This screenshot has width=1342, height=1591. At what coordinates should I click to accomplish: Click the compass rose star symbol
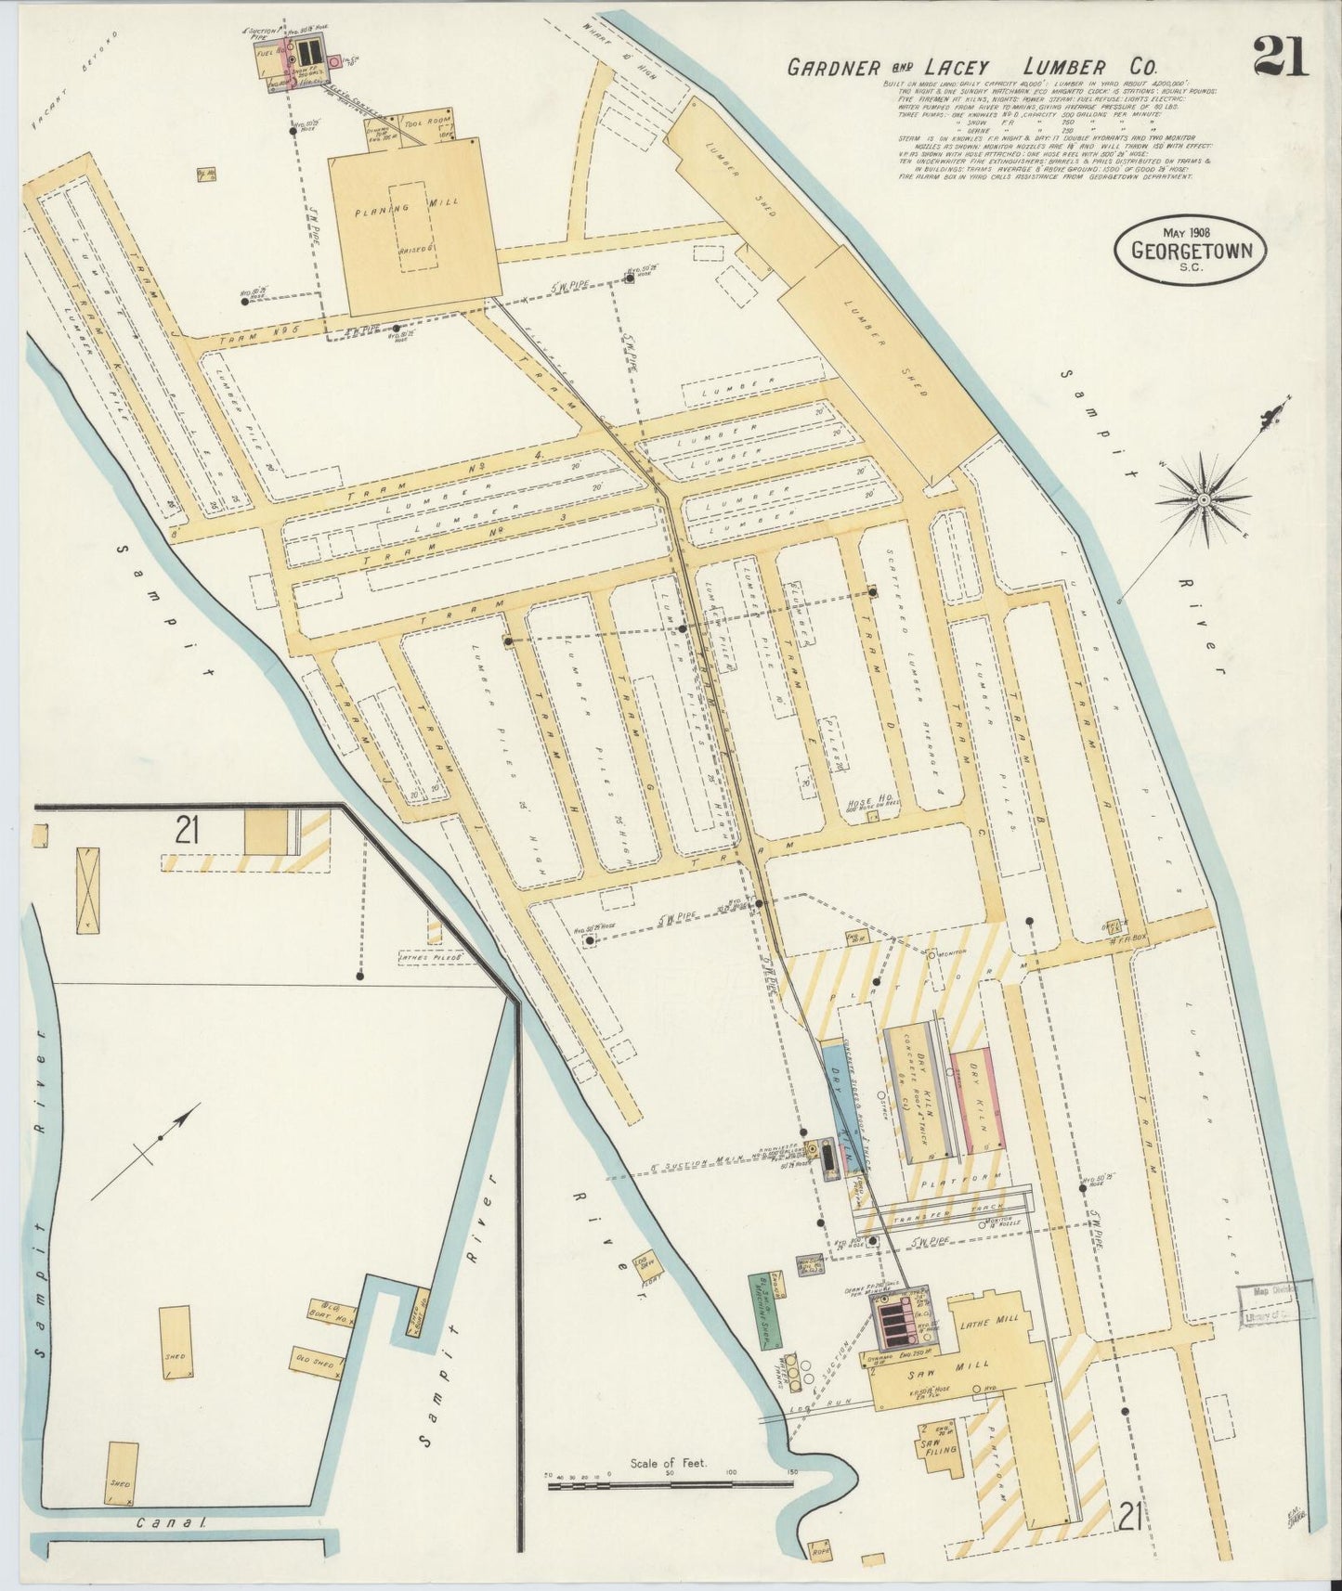tap(1204, 499)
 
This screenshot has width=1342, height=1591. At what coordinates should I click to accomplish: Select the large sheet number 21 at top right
tap(1281, 58)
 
